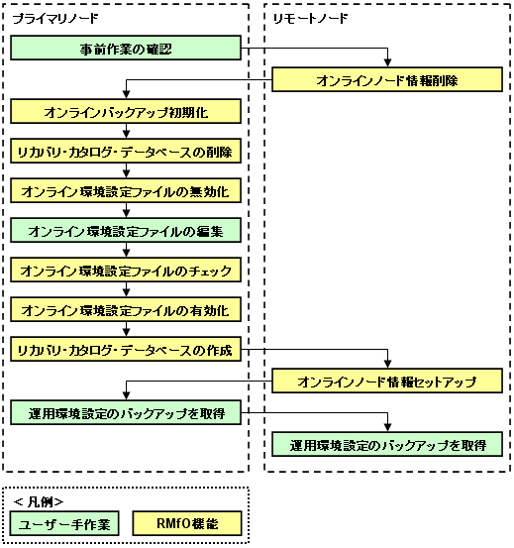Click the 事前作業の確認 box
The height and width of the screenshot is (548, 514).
coord(126,48)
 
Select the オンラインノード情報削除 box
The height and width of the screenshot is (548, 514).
coord(387,79)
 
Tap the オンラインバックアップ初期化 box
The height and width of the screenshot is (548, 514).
coord(126,112)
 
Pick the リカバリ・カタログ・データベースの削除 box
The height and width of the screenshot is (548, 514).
coord(126,151)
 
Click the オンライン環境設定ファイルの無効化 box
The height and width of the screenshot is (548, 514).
coord(126,191)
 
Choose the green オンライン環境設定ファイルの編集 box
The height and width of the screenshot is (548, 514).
coord(126,230)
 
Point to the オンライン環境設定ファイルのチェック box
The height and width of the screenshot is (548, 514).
coord(126,270)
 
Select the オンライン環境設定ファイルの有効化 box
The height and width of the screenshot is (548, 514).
coord(126,309)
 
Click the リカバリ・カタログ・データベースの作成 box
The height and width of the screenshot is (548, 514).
coord(126,349)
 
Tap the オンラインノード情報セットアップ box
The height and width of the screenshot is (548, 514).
coord(387,381)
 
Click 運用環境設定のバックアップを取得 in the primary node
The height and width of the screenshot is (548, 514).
coord(126,413)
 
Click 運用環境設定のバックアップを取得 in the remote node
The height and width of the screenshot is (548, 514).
coord(387,445)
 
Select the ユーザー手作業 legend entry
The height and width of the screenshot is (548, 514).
coord(64,523)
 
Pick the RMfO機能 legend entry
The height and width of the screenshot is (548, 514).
coord(187,523)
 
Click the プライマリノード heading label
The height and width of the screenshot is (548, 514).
coord(55,18)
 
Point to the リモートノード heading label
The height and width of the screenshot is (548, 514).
coord(310,18)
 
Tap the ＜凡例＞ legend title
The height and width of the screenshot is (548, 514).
coord(39,501)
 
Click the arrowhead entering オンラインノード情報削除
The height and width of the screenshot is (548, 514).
coord(387,63)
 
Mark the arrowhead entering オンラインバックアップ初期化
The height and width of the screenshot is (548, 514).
coord(127,95)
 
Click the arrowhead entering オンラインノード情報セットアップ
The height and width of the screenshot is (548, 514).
coord(387,364)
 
